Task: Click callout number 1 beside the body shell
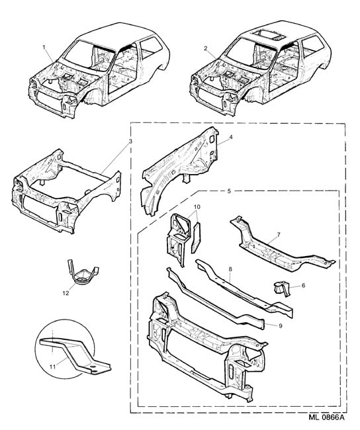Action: [44, 47]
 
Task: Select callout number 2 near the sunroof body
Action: [206, 48]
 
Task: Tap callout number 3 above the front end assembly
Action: [130, 141]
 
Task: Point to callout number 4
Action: [231, 136]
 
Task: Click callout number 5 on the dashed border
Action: [230, 191]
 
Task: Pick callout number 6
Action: [303, 286]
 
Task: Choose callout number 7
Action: [279, 234]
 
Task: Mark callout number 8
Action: [230, 269]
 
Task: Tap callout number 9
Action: [280, 325]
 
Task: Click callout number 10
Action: [197, 206]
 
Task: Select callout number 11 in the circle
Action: [53, 366]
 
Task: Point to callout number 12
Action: [66, 293]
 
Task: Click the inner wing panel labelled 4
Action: [179, 170]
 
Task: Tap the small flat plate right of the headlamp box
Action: [196, 237]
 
